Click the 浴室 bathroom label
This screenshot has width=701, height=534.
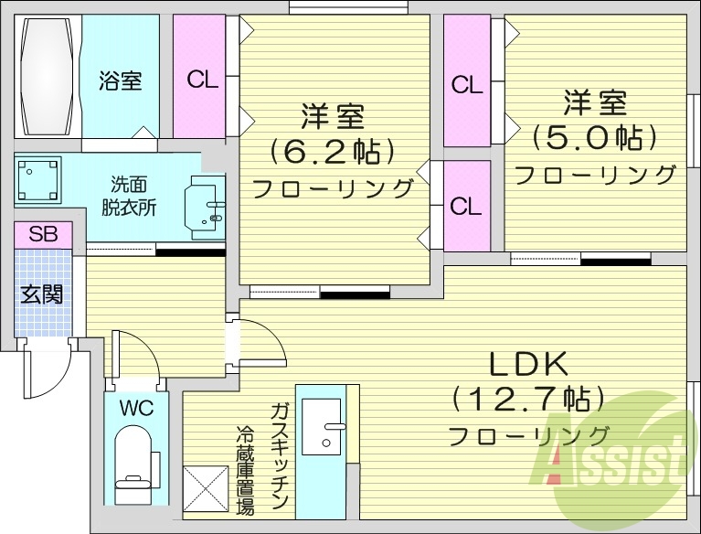click(121, 80)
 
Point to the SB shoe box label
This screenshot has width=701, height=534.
click(43, 234)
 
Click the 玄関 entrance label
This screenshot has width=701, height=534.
click(42, 294)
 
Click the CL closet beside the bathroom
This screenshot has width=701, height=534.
click(203, 80)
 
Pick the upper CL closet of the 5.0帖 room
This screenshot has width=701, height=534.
click(467, 86)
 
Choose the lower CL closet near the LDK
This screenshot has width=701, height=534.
click(466, 207)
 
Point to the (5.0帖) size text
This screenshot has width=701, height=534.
click(595, 137)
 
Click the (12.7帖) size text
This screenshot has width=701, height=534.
click(527, 399)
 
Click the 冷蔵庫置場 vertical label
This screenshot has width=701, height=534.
click(245, 470)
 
